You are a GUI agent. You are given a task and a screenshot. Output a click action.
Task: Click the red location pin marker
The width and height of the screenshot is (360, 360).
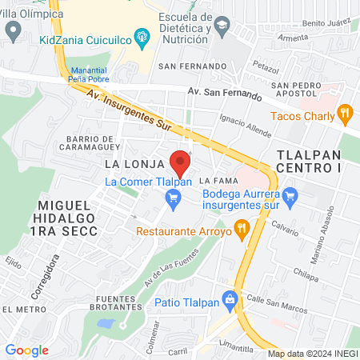181,162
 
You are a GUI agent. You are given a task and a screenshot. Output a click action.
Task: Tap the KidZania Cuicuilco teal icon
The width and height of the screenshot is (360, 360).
142,35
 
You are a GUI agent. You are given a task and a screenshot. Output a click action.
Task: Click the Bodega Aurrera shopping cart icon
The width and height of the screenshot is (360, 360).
290,194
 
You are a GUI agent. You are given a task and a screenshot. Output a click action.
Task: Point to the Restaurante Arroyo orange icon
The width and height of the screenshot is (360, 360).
242,231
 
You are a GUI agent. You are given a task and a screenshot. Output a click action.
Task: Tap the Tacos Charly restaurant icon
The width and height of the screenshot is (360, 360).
346,114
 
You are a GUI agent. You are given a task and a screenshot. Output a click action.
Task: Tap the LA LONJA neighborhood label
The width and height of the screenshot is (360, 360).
128,162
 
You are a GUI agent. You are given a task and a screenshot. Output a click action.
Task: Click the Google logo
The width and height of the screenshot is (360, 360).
27,350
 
